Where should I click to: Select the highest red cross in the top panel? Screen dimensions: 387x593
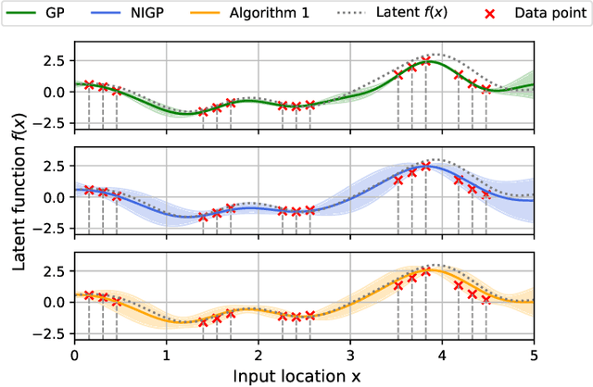425,62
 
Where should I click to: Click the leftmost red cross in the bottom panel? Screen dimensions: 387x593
89,295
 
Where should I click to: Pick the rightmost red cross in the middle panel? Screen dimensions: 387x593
486,195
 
